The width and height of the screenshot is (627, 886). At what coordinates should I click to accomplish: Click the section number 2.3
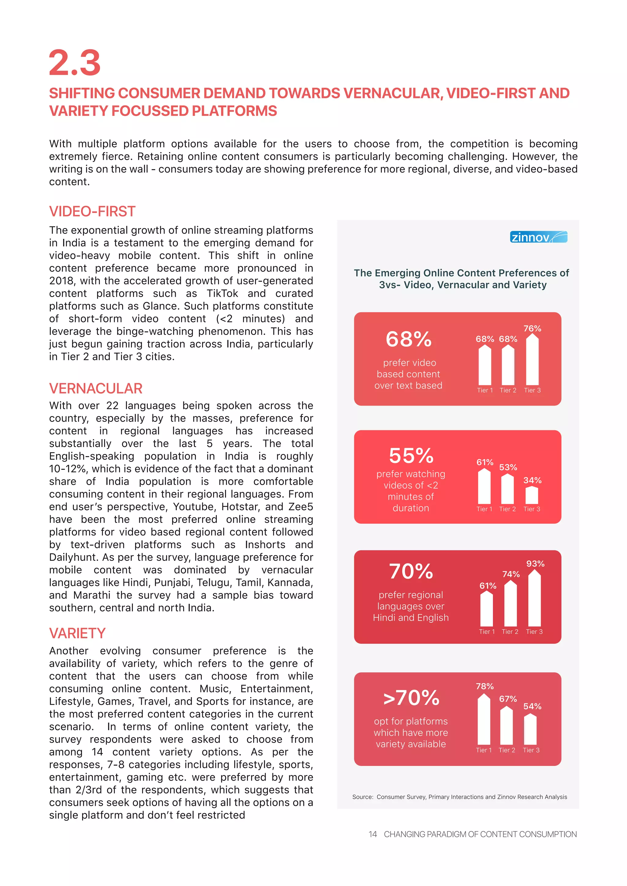(74, 63)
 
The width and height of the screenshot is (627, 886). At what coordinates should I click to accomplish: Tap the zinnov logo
(538, 237)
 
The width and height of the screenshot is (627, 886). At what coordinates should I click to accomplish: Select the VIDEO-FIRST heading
(92, 212)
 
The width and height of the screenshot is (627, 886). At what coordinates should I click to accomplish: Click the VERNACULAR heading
(96, 389)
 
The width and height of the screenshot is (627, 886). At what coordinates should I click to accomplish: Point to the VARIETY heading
(77, 633)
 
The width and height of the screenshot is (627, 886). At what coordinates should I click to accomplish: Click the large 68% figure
(408, 339)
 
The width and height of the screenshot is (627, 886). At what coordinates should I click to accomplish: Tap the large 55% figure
(411, 456)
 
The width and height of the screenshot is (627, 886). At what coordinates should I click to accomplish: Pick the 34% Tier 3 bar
(532, 495)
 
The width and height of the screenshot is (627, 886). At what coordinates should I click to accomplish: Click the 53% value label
(508, 467)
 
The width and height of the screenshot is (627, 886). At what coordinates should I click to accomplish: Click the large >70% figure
(411, 698)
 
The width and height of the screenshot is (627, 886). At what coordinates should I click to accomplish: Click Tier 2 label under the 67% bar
(507, 750)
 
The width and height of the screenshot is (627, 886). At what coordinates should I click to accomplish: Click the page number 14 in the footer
(372, 834)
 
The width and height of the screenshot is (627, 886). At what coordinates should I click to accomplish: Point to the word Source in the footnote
(362, 797)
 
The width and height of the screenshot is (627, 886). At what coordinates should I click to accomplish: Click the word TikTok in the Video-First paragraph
(222, 293)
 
